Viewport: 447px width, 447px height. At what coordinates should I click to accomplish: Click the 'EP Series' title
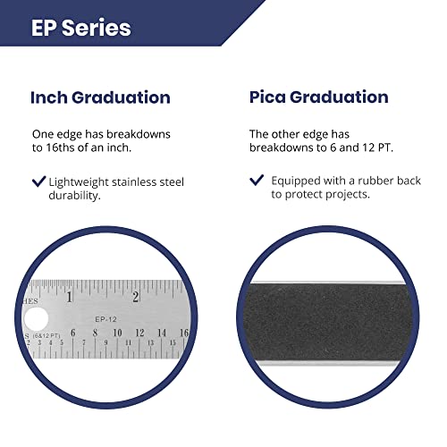[81, 28]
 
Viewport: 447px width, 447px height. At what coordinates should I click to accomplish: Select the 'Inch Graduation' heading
[100, 97]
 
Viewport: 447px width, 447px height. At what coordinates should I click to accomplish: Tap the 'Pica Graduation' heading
[318, 97]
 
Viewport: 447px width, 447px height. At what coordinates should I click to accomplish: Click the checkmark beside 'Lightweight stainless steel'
[38, 181]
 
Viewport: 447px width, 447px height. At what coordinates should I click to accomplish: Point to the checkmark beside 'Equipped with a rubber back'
[257, 181]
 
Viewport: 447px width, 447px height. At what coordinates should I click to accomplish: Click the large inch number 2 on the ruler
[135, 297]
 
